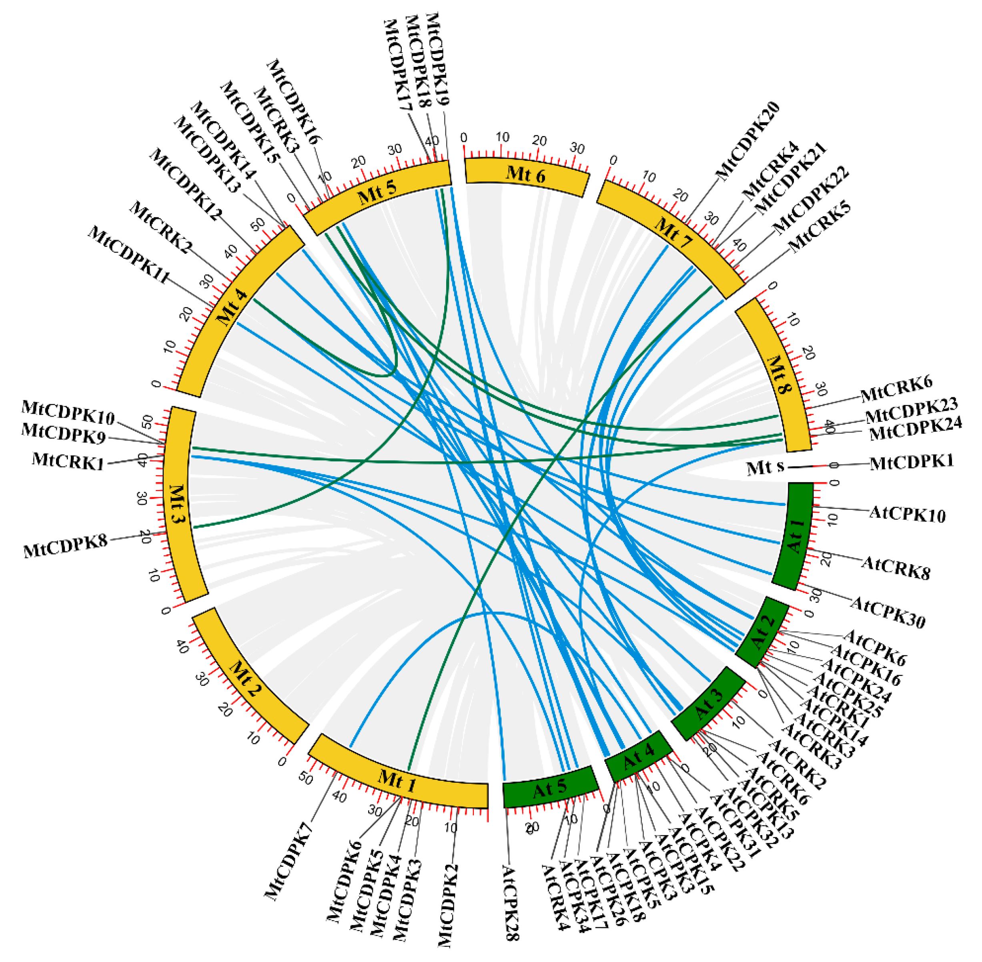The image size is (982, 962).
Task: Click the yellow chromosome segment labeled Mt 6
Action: tap(526, 174)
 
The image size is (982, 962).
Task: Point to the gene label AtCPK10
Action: tap(907, 514)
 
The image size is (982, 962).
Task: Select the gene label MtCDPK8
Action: tap(66, 547)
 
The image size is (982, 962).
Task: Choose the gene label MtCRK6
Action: tap(896, 389)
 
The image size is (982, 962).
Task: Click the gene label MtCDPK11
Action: tap(128, 255)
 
